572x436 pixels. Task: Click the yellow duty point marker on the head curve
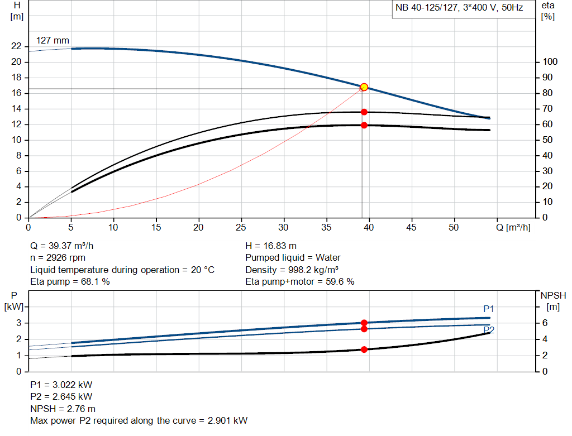point(364,87)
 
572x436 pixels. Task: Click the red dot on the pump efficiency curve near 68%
point(364,112)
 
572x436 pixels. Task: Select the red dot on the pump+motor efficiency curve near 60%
point(364,125)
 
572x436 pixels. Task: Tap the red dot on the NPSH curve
point(364,349)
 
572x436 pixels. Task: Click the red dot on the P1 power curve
point(364,323)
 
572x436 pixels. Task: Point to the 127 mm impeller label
point(53,41)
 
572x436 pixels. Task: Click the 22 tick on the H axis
point(16,46)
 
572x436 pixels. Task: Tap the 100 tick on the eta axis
point(550,62)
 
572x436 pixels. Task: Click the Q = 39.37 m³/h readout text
point(66,246)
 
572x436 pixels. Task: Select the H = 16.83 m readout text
point(271,246)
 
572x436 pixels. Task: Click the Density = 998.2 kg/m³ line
point(292,270)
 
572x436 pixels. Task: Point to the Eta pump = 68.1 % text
point(70,282)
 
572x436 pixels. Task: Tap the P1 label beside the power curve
point(489,309)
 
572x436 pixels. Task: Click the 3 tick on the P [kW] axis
point(18,323)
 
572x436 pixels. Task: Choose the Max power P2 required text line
point(139,420)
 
